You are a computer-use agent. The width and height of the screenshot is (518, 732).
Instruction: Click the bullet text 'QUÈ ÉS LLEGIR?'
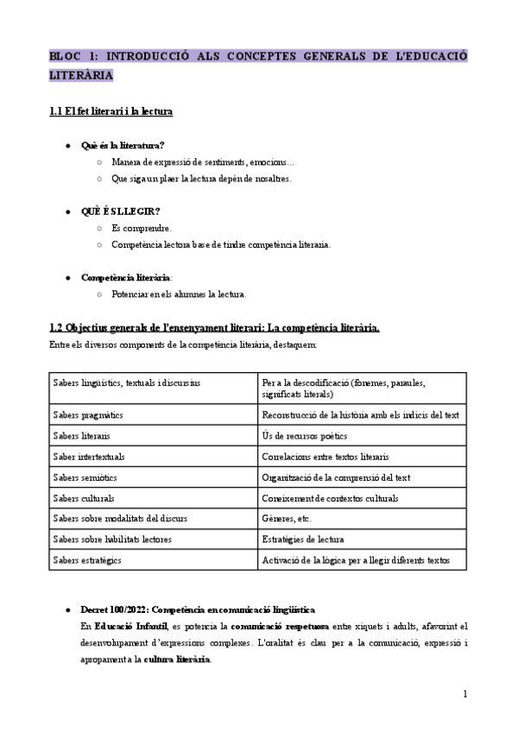[120, 211]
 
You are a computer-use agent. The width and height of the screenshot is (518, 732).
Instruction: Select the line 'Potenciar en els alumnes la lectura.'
[179, 294]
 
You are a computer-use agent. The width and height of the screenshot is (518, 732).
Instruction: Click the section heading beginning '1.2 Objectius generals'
[214, 328]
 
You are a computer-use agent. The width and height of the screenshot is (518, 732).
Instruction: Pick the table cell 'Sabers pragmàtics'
[88, 415]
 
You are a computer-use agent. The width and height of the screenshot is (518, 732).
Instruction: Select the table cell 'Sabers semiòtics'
[85, 477]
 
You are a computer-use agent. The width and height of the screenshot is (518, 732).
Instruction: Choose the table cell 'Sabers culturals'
[84, 498]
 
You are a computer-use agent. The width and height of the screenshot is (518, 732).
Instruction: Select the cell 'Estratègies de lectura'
[302, 540]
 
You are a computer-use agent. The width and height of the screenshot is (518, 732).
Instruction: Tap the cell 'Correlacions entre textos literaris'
[325, 456]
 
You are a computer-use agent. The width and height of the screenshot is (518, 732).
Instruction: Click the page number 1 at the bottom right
[464, 693]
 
